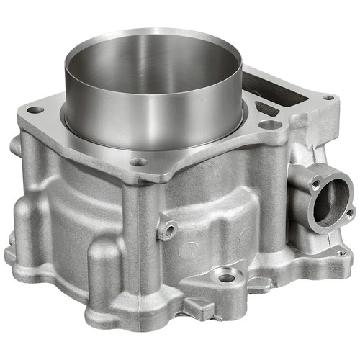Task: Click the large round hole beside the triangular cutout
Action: click(x=269, y=125)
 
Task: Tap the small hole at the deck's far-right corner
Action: click(x=328, y=97)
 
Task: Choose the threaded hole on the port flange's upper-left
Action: click(x=315, y=184)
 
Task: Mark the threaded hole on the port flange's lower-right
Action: click(x=349, y=213)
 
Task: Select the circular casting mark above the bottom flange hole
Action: click(x=189, y=250)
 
